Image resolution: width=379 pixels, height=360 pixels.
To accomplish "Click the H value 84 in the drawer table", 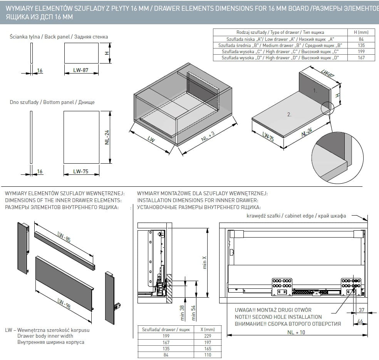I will pos(361,39).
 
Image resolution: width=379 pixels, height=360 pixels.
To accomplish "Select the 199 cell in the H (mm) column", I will pos(361,52).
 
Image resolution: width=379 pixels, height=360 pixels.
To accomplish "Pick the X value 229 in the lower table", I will pos(208,336).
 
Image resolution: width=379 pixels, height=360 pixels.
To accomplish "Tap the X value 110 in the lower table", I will pos(208,355).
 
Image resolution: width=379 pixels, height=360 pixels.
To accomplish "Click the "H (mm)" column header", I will pos(361,33).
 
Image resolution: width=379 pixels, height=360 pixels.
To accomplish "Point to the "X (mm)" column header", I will pos(208,330).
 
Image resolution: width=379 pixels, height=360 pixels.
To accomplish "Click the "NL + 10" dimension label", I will pos(296,333).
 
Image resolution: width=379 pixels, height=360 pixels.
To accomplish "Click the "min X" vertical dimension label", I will pos(205,263).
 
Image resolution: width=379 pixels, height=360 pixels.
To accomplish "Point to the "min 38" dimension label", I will pos(182,313).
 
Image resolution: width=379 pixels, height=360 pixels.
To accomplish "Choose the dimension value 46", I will pos(361,321).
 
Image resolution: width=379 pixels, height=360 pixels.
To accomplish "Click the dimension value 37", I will pos(362,310).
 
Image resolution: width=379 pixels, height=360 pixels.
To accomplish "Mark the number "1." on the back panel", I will pos(315,91).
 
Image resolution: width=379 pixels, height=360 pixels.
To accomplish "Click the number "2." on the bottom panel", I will pos(289,114).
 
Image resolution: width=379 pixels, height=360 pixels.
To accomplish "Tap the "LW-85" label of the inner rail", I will pos(63,239).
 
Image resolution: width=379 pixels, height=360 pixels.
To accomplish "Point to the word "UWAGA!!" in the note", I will pos(245,310).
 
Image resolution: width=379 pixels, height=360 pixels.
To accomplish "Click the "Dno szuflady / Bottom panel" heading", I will pos(52,102).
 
